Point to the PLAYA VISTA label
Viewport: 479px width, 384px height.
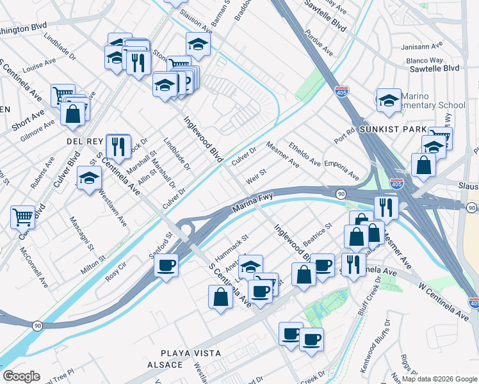point(191,353)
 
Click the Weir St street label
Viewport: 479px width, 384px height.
point(256,175)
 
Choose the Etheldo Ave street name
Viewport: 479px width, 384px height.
point(305,154)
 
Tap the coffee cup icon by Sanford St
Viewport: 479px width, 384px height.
point(166,264)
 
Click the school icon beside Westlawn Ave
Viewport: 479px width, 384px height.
point(89,178)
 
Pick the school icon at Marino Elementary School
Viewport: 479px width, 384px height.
point(389,100)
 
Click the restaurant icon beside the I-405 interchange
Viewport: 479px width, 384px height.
point(386,207)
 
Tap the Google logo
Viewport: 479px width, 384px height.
point(21,376)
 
